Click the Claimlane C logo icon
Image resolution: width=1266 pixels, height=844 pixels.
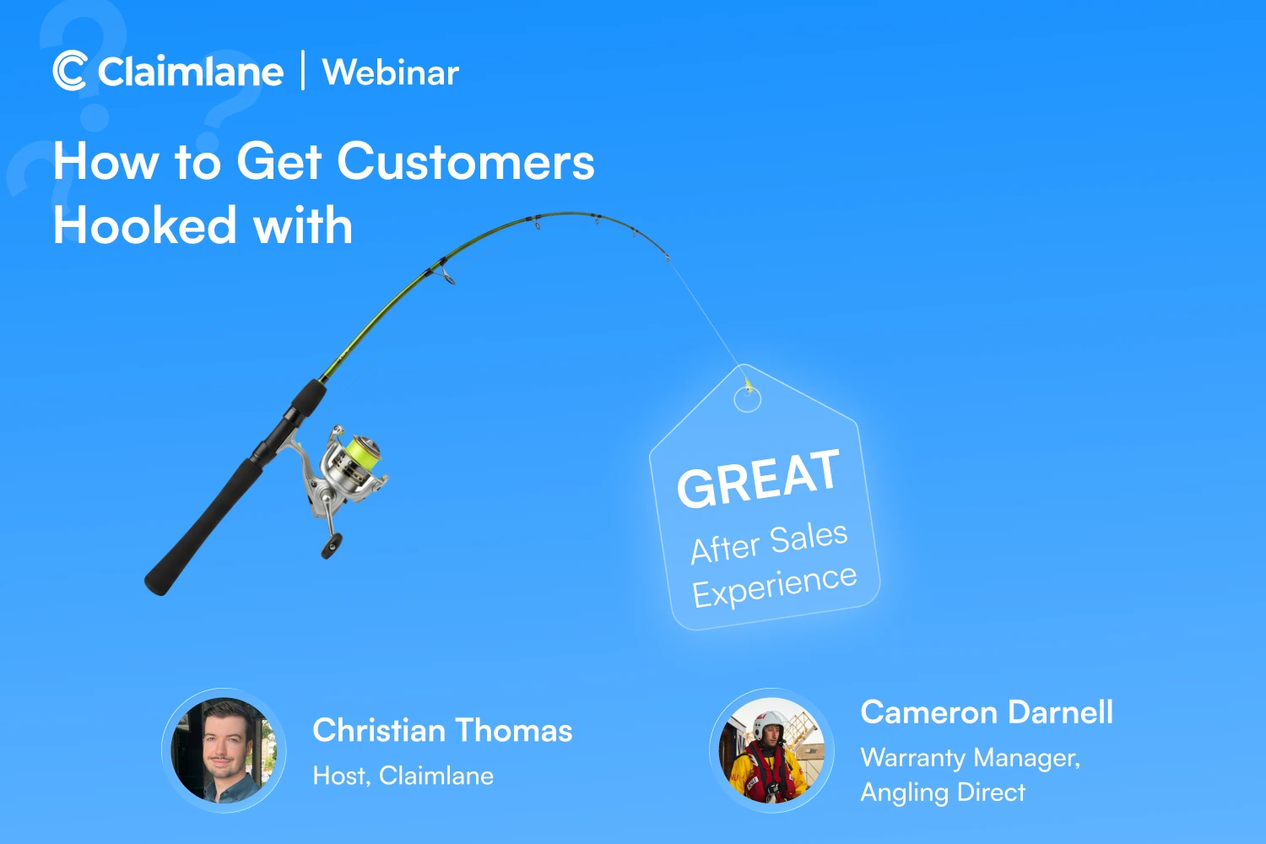click(69, 71)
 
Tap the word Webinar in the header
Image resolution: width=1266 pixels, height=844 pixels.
click(391, 73)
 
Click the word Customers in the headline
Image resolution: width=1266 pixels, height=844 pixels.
click(466, 162)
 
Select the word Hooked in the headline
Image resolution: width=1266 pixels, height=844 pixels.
click(144, 225)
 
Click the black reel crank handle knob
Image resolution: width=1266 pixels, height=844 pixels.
click(331, 545)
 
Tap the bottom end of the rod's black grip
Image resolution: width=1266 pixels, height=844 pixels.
click(156, 585)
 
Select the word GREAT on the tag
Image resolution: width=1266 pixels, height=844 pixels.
click(759, 479)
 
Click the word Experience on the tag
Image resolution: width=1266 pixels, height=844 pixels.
click(775, 587)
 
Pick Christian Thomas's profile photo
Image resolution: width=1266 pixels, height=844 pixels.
click(224, 750)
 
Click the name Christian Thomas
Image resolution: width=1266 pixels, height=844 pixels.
click(442, 730)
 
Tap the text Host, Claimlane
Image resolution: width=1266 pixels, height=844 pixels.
click(403, 776)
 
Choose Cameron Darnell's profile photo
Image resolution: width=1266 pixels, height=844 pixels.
click(772, 750)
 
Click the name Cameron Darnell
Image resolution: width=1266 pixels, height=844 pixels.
click(987, 711)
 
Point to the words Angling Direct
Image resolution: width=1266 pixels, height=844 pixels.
click(943, 792)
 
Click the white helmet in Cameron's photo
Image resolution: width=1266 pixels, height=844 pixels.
click(769, 724)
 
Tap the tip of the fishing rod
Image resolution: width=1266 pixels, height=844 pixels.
click(668, 258)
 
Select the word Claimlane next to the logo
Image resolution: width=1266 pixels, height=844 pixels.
click(191, 72)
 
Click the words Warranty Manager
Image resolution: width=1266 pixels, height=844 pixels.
click(971, 758)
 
